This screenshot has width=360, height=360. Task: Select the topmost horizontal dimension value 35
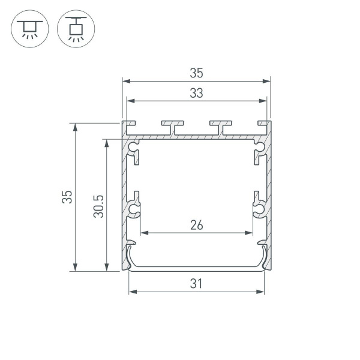pyautogui.click(x=196, y=73)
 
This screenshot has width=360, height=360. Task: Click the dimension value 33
pyautogui.click(x=196, y=93)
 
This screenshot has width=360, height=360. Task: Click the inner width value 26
pyautogui.click(x=196, y=226)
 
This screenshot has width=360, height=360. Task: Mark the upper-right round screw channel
pyautogui.click(x=261, y=146)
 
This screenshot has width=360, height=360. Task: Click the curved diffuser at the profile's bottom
pyautogui.click(x=196, y=266)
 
